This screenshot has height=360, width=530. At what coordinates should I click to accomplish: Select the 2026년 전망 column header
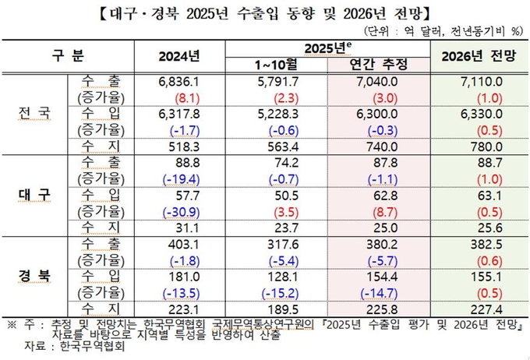pos(478,57)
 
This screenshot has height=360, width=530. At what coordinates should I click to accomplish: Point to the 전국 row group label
pos(34,112)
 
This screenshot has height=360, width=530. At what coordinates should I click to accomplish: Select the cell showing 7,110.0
pos(478,82)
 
